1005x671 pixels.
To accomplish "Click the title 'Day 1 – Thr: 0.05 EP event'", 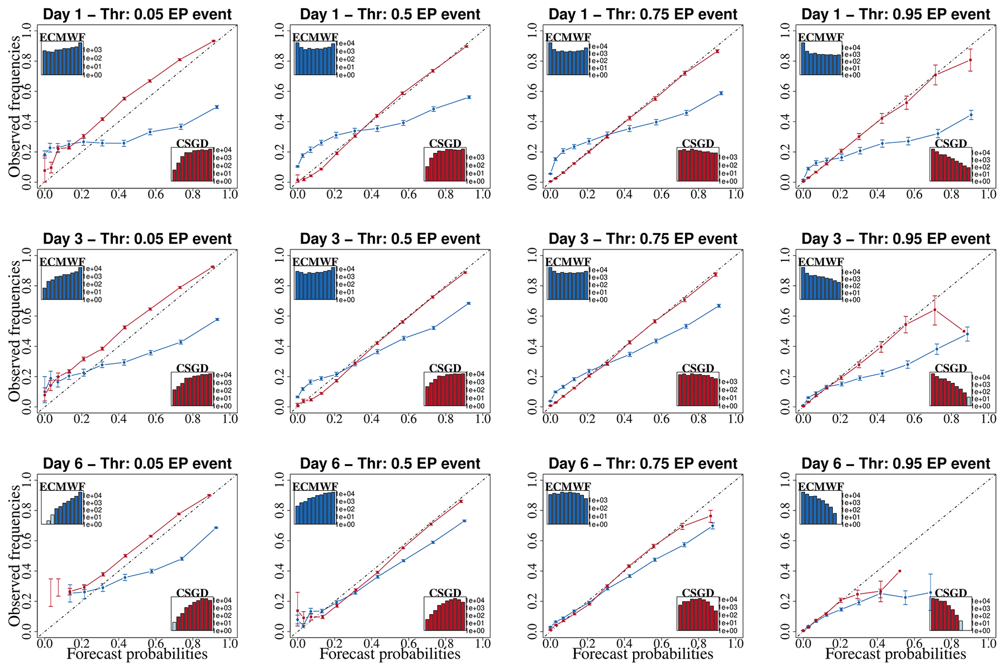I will tap(137, 15).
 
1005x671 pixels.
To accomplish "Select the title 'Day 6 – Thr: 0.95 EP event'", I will tap(896, 464).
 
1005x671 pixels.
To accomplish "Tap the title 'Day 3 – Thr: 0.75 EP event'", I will tap(643, 239).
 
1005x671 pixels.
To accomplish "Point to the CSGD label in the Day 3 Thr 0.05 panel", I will tap(192, 368).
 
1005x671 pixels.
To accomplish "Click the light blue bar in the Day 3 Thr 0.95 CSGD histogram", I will tap(968, 401).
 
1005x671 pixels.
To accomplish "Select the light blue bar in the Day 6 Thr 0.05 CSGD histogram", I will tap(174, 626).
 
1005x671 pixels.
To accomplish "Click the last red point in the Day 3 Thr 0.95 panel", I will tap(964, 331).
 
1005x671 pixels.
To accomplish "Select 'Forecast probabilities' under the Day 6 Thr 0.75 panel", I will tap(642, 654).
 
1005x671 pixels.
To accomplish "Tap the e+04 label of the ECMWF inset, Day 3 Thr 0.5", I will tap(347, 269).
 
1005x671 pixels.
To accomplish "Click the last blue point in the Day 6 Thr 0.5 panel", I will tap(464, 521).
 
